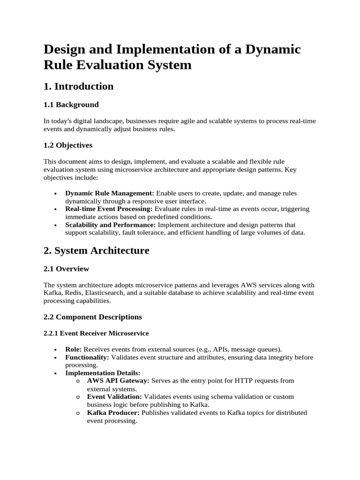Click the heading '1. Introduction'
(78, 86)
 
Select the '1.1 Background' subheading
(71, 105)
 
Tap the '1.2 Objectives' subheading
(68, 145)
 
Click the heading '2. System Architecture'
(96, 250)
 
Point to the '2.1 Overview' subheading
(66, 269)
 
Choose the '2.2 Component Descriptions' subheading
(93, 317)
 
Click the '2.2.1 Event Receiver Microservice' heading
(96, 333)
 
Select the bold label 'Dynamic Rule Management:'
(110, 193)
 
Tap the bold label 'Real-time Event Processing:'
(109, 209)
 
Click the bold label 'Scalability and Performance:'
(110, 225)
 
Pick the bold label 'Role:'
(74, 349)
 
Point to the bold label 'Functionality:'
(87, 357)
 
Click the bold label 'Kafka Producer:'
(113, 413)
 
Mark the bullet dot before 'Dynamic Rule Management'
(56, 194)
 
